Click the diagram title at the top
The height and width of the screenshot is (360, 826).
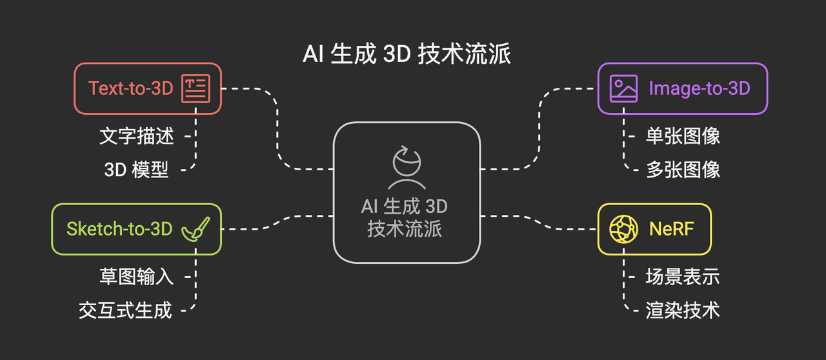pyautogui.click(x=407, y=54)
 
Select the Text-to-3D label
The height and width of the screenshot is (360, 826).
pyautogui.click(x=131, y=88)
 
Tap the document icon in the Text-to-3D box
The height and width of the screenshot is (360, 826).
pyautogui.click(x=196, y=88)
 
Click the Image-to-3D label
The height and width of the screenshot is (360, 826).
pyautogui.click(x=700, y=88)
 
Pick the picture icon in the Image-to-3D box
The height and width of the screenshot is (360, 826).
pyautogui.click(x=623, y=88)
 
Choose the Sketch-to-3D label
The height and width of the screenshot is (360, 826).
pyautogui.click(x=119, y=228)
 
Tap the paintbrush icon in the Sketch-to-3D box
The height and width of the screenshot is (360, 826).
pyautogui.click(x=195, y=228)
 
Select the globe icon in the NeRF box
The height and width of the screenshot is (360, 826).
pyautogui.click(x=623, y=228)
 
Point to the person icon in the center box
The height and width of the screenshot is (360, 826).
pyautogui.click(x=407, y=166)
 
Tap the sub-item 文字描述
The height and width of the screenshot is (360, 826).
pyautogui.click(x=137, y=136)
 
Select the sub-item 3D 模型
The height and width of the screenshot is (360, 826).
pyautogui.click(x=137, y=170)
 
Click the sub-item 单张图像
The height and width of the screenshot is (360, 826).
pyautogui.click(x=683, y=136)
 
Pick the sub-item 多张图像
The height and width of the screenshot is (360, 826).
pyautogui.click(x=683, y=170)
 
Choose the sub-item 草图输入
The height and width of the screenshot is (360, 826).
pyautogui.click(x=137, y=277)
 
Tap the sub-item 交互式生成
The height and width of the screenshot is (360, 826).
pyautogui.click(x=125, y=310)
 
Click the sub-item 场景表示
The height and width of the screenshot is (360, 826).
pyautogui.click(x=683, y=277)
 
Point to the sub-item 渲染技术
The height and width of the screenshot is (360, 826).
pyautogui.click(x=683, y=310)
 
